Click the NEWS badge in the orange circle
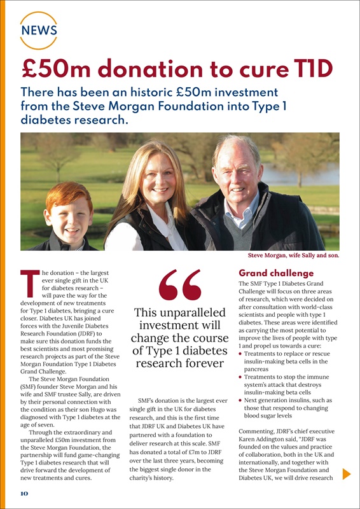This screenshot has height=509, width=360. pyautogui.click(x=39, y=30)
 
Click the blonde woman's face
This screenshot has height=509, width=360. pyautogui.click(x=153, y=182)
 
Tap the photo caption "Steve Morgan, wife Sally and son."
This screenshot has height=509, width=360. pyautogui.click(x=293, y=256)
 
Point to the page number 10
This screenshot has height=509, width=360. pyautogui.click(x=22, y=494)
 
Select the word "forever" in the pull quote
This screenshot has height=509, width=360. pyautogui.click(x=202, y=364)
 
